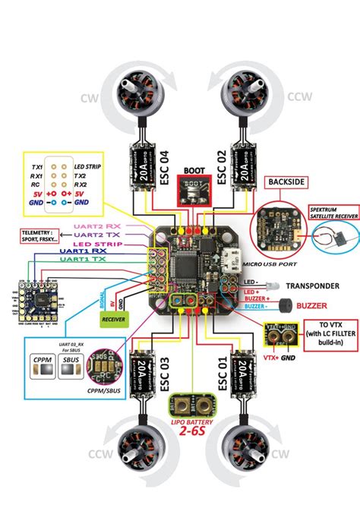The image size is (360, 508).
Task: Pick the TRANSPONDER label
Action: tap(311, 286)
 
